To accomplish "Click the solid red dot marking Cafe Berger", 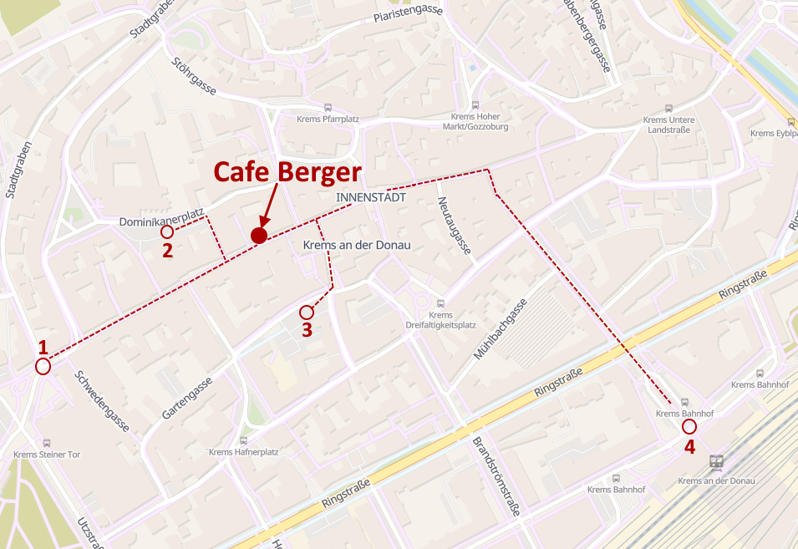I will (259, 236).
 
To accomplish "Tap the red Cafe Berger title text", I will (287, 172).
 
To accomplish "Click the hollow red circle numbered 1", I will (43, 366).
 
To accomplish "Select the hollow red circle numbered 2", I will (167, 231).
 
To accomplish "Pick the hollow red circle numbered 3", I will (307, 313).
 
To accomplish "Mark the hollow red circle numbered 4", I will (689, 426).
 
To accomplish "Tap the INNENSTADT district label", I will (371, 198).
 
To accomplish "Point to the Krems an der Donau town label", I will (357, 244).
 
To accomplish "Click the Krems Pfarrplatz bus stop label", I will (328, 119).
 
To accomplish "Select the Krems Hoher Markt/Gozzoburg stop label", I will (475, 121).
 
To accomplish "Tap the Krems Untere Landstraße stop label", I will (668, 125).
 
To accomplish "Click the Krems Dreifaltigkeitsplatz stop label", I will (440, 319).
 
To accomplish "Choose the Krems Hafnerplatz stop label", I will (243, 452).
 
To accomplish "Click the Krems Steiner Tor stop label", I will (47, 455).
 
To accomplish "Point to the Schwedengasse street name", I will (102, 401).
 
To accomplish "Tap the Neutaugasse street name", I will (454, 226).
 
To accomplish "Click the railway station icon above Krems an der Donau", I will (716, 461).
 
